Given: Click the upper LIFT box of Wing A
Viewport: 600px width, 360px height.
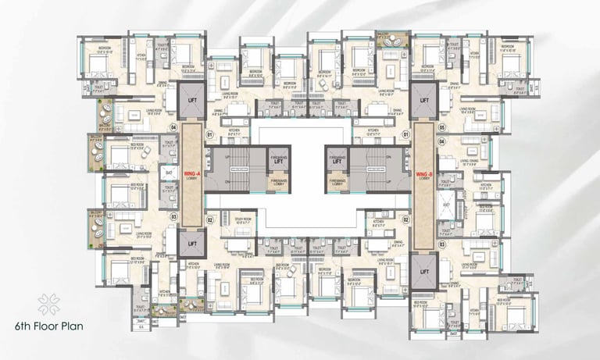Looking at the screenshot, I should pyautogui.click(x=190, y=101).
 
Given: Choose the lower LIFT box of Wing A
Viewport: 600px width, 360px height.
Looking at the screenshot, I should pyautogui.click(x=190, y=244).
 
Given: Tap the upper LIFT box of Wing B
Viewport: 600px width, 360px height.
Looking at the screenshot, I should pyautogui.click(x=424, y=101).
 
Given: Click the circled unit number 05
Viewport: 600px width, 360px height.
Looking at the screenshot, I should pyautogui.click(x=441, y=127).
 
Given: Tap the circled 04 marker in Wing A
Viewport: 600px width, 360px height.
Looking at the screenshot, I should pyautogui.click(x=174, y=127).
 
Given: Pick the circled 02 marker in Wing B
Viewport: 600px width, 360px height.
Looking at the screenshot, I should pyautogui.click(x=405, y=221).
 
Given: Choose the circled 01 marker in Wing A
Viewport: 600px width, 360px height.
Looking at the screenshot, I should pyautogui.click(x=209, y=134).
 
